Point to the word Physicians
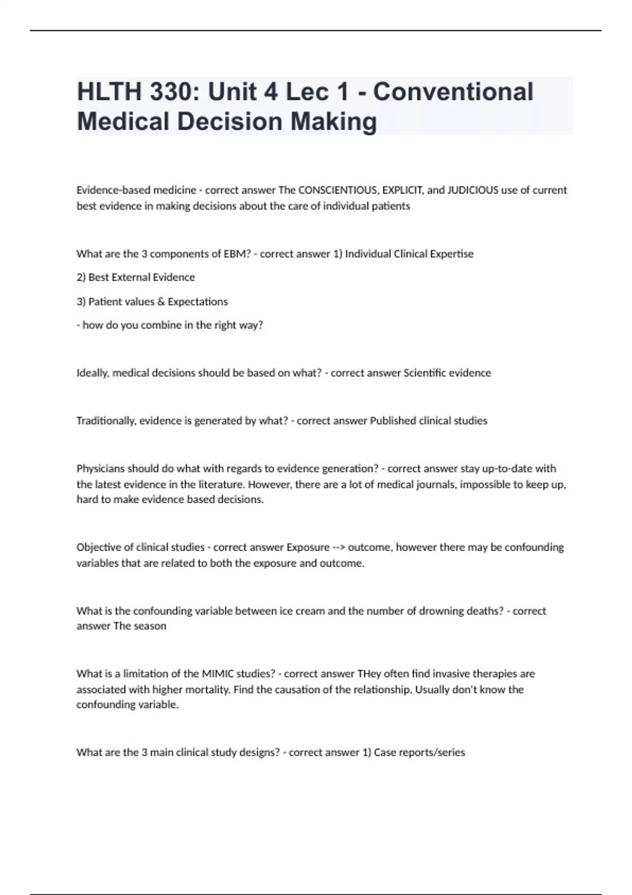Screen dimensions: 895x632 [101, 469]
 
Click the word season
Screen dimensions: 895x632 [150, 626]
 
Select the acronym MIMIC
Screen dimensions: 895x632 [215, 674]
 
